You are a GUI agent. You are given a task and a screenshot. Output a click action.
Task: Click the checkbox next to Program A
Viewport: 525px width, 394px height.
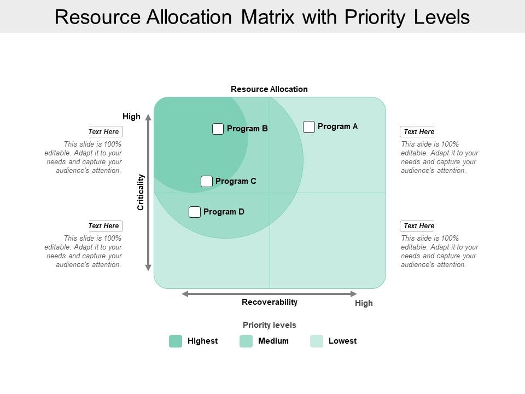pos(309,127)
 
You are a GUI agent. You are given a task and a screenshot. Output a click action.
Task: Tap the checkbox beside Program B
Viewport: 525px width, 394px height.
pos(218,129)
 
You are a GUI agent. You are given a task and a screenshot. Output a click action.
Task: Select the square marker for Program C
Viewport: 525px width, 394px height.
pos(207,182)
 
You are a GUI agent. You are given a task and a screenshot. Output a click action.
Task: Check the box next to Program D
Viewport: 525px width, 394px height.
pos(195,212)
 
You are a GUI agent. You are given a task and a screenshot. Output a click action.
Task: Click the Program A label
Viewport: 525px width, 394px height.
pos(337,126)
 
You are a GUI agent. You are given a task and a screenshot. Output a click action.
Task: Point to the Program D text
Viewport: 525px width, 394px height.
pos(224,212)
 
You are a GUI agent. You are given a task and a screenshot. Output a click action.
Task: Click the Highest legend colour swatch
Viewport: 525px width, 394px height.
pos(176,341)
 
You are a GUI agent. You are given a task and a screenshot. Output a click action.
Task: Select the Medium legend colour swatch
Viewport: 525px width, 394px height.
pos(246,341)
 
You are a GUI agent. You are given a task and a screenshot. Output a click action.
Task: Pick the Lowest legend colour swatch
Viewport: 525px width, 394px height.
pos(317,341)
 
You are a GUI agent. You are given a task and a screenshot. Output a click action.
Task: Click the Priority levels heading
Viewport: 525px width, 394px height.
pos(270,325)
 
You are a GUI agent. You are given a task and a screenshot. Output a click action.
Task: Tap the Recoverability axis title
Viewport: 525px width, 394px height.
pos(270,302)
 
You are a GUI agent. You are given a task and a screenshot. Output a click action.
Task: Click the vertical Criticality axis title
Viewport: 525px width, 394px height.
pos(141,192)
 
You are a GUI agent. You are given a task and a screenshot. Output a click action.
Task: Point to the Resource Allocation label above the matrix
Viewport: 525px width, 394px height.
pos(269,89)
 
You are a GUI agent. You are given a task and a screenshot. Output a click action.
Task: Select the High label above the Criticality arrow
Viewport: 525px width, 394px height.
pos(131,117)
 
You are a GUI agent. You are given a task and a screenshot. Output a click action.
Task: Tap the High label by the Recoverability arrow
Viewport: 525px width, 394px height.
pos(364,303)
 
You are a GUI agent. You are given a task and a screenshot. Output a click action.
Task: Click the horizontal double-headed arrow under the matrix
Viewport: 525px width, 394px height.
pos(269,294)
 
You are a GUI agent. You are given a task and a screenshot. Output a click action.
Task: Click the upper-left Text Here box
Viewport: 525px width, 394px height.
pos(105,132)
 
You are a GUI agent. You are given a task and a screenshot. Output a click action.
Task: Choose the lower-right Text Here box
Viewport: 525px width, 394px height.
pos(417,226)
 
